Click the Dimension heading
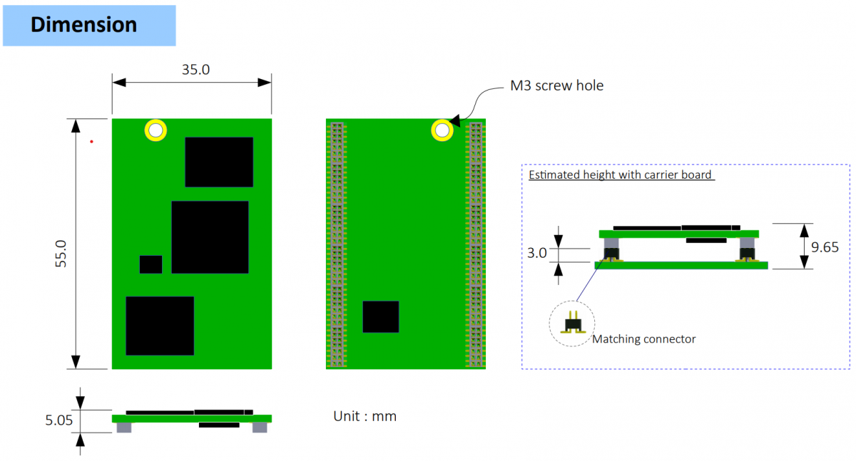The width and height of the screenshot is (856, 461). [83, 25]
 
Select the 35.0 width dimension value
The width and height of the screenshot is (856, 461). [190, 69]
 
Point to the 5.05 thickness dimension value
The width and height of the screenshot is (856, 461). [59, 420]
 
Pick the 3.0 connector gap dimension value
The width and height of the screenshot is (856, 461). [538, 253]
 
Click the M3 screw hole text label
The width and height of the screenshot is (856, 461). [556, 86]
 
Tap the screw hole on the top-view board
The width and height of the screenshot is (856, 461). [156, 130]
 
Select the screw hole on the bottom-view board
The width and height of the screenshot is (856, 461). [442, 130]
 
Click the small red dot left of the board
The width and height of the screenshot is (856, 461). [92, 142]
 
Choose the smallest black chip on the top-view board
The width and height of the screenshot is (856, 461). [151, 264]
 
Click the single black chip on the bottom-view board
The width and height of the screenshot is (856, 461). [380, 316]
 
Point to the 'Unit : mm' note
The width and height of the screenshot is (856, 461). [365, 416]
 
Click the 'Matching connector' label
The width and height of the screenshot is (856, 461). [643, 339]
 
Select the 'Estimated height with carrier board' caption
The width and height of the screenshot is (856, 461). [620, 175]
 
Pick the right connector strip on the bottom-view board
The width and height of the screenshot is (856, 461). [475, 244]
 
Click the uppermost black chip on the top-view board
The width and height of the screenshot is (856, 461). [219, 162]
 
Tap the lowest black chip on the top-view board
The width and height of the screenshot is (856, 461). [160, 326]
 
